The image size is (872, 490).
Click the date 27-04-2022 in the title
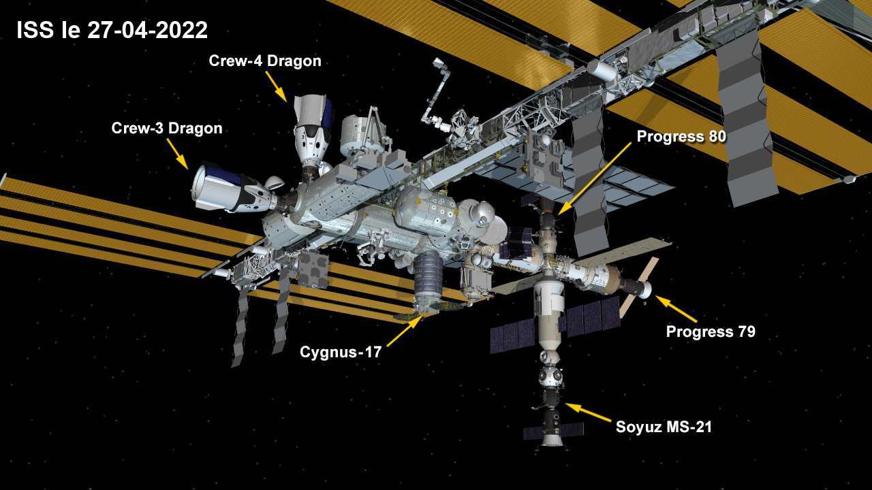tap(148, 30)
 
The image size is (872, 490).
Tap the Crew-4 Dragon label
tap(265, 61)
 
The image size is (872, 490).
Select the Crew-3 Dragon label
tap(167, 129)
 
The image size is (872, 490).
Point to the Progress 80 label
tap(681, 137)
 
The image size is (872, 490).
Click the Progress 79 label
tap(711, 331)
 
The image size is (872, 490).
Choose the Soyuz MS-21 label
tap(664, 427)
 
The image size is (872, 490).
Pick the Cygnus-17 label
tap(341, 353)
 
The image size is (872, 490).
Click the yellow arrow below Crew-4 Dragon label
tap(277, 86)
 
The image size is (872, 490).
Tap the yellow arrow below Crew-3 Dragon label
tap(178, 154)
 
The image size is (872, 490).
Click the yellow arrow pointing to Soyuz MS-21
tap(588, 412)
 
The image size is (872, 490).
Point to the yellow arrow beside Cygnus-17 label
tap(405, 331)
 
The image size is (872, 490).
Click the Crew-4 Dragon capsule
tap(312, 132)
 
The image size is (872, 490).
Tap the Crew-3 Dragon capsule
tap(234, 189)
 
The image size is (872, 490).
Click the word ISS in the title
tap(35, 30)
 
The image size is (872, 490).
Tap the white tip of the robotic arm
tap(438, 63)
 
